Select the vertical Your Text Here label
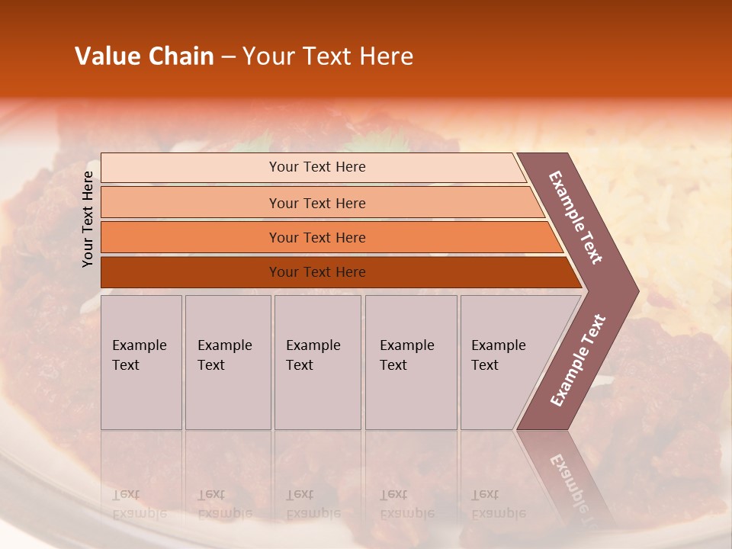click(88, 219)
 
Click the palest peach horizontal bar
click(316, 167)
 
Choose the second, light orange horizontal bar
click(316, 203)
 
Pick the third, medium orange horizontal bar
click(316, 237)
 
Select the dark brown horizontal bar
click(316, 272)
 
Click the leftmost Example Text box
click(141, 361)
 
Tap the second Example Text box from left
click(227, 361)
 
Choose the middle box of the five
click(316, 361)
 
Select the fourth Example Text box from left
click(410, 361)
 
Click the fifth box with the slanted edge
click(503, 361)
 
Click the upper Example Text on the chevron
click(576, 217)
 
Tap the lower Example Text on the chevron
click(578, 360)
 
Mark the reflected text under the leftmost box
click(139, 504)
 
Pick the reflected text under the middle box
click(313, 504)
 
